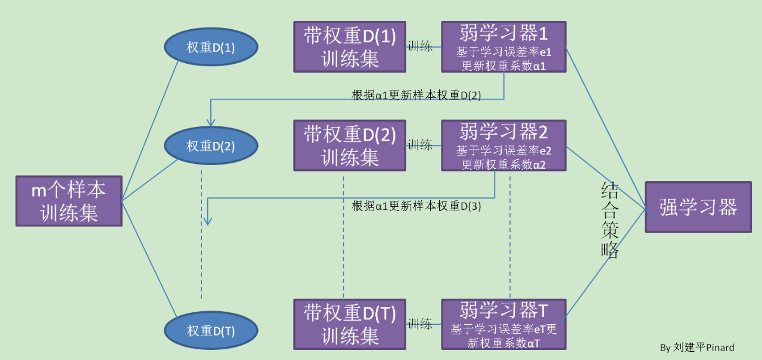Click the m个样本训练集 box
tap(69, 201)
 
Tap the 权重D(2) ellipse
tap(211, 146)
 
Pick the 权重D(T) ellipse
tap(211, 331)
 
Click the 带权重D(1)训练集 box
tap(349, 47)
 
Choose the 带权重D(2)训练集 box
tap(349, 145)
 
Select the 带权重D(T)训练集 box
tap(349, 324)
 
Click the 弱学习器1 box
tap(503, 47)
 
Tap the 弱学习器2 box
tap(503, 145)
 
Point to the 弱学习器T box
tap(503, 324)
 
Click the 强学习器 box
tap(698, 207)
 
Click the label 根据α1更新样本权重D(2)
tap(416, 94)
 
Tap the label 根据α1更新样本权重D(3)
tap(416, 206)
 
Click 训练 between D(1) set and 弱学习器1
tap(420, 46)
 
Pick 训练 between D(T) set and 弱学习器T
tap(420, 324)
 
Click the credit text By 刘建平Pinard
tap(697, 347)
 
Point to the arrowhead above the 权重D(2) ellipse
tap(210, 122)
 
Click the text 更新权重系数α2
tap(503, 165)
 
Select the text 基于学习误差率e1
tap(503, 52)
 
